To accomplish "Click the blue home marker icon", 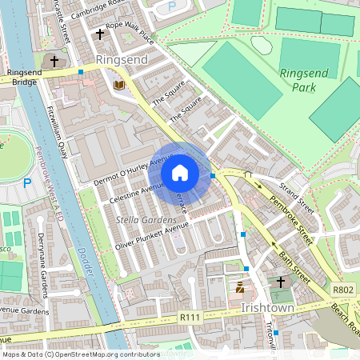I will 180,173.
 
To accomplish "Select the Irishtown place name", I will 268,308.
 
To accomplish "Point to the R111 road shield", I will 190,318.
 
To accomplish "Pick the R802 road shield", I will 342,291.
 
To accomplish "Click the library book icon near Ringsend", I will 119,84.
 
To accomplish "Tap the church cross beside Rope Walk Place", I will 100,34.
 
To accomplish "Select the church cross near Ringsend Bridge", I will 55,61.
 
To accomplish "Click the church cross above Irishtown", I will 280,282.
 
